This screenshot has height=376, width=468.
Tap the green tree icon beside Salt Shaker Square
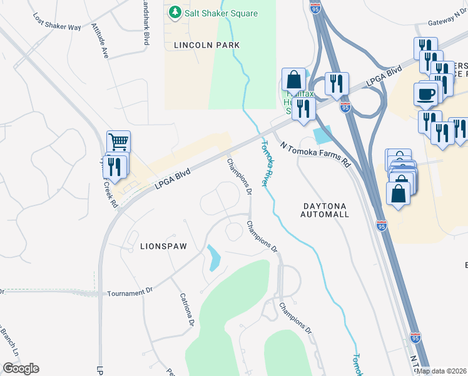(175, 13)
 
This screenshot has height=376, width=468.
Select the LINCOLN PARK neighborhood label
(198, 45)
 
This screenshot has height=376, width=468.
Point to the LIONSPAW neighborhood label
(163, 246)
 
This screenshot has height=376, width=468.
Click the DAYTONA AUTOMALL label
(325, 210)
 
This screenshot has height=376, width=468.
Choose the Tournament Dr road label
(130, 293)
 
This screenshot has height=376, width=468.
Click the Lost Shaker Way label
(57, 23)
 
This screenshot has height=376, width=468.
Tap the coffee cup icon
(425, 94)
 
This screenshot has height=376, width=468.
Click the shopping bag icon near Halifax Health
(293, 80)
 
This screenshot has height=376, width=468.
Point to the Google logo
(21, 368)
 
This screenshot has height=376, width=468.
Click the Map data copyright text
(441, 371)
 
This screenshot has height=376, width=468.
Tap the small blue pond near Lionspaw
(214, 258)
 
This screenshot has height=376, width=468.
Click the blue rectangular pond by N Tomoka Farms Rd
(322, 133)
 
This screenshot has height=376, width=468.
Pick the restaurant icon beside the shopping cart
(114, 166)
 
